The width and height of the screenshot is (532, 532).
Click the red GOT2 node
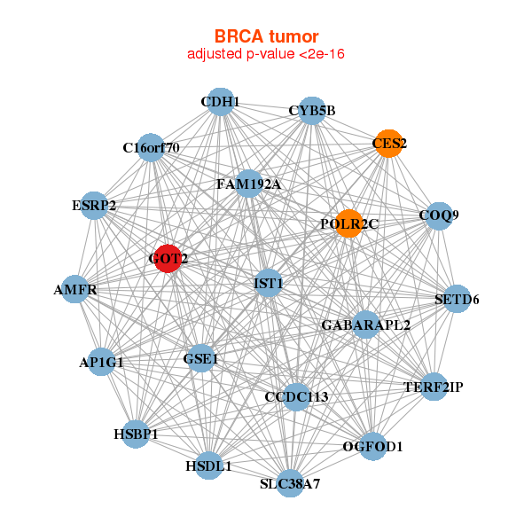pyautogui.click(x=168, y=259)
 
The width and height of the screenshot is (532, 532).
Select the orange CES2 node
pyautogui.click(x=389, y=143)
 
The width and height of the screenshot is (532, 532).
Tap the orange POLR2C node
pyautogui.click(x=348, y=224)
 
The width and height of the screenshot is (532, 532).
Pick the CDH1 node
pyautogui.click(x=220, y=102)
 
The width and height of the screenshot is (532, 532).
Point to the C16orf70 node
pyautogui.click(x=152, y=147)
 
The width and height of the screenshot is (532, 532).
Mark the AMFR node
pyautogui.click(x=75, y=290)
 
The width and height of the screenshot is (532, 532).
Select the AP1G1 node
pyautogui.click(x=101, y=362)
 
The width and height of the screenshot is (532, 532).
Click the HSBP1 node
pyautogui.click(x=136, y=434)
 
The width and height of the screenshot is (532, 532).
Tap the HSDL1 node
pyautogui.click(x=208, y=465)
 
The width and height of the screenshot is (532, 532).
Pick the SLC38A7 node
pyautogui.click(x=290, y=483)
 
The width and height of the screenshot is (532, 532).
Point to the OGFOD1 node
pyautogui.click(x=372, y=446)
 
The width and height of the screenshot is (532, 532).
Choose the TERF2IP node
pyautogui.click(x=433, y=387)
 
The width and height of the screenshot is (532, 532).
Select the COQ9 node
pyautogui.click(x=438, y=215)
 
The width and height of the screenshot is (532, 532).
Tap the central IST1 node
pyautogui.click(x=268, y=284)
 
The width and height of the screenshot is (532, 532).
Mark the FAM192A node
pyautogui.click(x=248, y=184)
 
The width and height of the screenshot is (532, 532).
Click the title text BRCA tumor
pyautogui.click(x=266, y=36)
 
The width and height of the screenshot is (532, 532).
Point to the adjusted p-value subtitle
pyautogui.click(x=266, y=54)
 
